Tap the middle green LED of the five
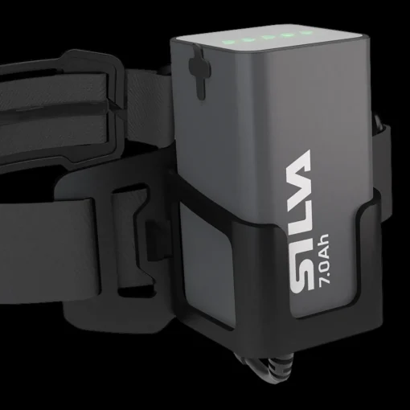click(x=267, y=38)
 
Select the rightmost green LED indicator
click(x=306, y=33)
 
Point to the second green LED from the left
click(x=246, y=39)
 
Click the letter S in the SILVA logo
click(x=300, y=277)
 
